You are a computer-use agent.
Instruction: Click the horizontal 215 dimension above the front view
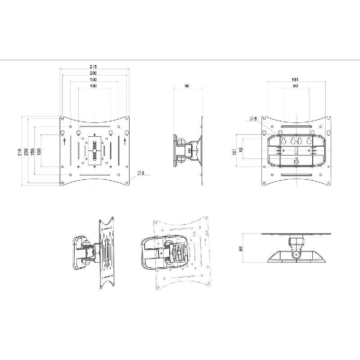pos(93,67)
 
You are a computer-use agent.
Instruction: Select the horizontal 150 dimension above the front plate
pos(93,79)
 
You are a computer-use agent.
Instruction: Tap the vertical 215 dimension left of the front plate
pos(19,152)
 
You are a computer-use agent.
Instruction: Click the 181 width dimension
pos(295,79)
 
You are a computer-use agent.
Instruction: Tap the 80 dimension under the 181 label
pos(295,85)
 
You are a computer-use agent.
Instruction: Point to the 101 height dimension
pos(234,152)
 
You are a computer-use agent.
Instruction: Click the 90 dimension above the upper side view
pos(186,85)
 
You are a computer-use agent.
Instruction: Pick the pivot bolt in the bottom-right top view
pos(296,256)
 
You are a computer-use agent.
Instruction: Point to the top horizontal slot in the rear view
pos(296,128)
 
